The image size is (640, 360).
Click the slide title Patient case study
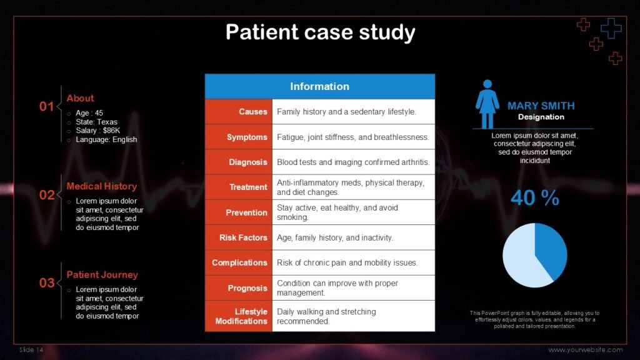click(320, 32)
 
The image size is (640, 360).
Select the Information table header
click(319, 86)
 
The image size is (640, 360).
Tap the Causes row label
click(252, 112)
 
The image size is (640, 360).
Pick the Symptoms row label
click(247, 137)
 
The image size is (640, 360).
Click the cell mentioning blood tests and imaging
click(353, 162)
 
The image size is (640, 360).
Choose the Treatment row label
click(248, 187)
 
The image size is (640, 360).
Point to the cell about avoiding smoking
click(337, 212)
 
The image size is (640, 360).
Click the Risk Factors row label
click(243, 237)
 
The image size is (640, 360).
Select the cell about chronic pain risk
click(347, 262)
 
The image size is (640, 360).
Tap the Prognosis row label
click(247, 288)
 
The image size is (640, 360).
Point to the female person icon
click(487, 104)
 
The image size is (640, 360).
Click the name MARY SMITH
click(541, 106)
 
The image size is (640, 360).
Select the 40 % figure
click(534, 198)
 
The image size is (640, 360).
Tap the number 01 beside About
click(47, 106)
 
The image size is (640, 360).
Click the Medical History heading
click(101, 186)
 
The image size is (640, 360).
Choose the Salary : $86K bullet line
click(97, 131)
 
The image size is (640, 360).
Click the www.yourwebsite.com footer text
click(586, 349)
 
